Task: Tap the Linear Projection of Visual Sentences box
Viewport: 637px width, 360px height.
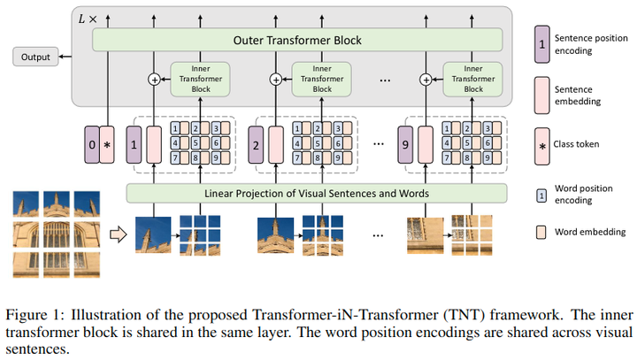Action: [x=317, y=193]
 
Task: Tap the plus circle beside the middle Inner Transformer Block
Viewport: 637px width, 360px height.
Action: [x=276, y=80]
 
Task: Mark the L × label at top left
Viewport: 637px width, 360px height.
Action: [x=88, y=18]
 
